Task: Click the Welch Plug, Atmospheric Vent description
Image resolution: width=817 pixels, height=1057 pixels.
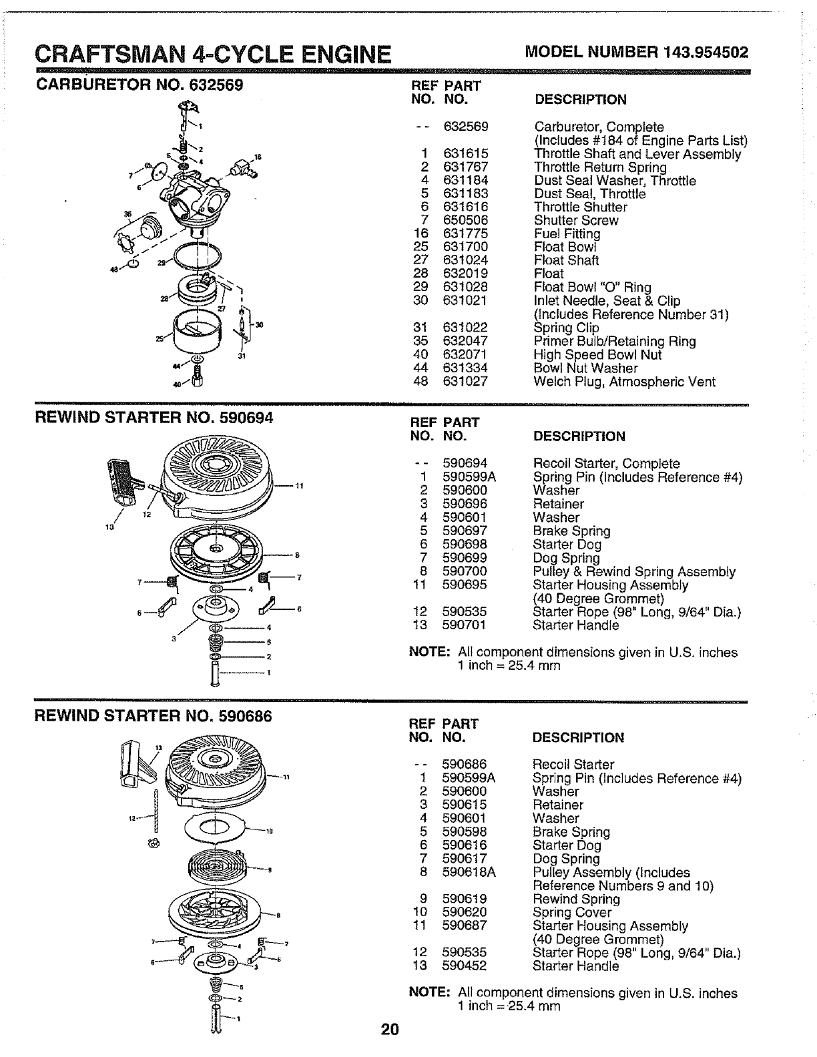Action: (x=624, y=382)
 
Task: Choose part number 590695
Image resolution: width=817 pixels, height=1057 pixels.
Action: (x=465, y=585)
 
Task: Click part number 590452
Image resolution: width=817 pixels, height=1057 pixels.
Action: (x=464, y=966)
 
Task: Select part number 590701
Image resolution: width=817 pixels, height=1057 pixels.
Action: (x=464, y=625)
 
